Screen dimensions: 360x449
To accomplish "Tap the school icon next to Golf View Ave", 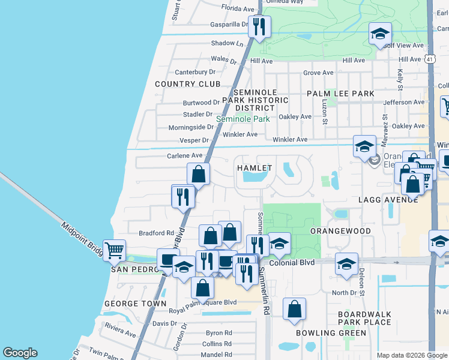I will [x=380, y=34].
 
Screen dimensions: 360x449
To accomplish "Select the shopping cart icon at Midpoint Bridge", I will [x=114, y=250].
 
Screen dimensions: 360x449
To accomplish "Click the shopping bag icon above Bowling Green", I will [x=294, y=310].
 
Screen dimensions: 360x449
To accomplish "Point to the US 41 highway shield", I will [x=429, y=59].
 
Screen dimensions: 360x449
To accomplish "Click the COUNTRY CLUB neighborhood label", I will [x=187, y=84].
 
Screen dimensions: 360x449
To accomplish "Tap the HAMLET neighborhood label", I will [x=255, y=168].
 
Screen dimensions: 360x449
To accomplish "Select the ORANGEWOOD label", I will [x=340, y=230].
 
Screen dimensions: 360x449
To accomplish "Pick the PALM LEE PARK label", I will [x=340, y=94].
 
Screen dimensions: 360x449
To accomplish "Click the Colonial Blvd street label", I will [x=292, y=263].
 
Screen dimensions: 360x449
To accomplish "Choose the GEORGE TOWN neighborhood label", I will [x=135, y=304].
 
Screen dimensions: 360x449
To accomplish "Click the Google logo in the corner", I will [x=20, y=353].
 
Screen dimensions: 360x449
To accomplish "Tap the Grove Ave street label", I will [x=318, y=73].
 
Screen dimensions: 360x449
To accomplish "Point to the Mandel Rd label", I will [x=217, y=355].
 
